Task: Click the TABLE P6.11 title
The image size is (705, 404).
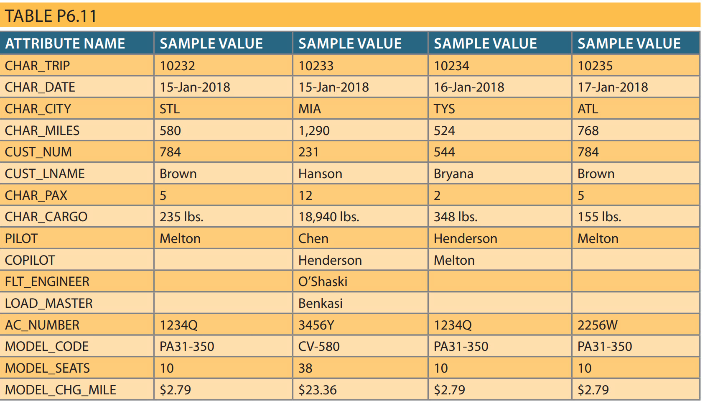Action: coord(51,16)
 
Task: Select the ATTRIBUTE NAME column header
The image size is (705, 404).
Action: coord(65,43)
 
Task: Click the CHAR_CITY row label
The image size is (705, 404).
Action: coord(38,109)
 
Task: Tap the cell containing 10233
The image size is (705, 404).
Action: coord(316,66)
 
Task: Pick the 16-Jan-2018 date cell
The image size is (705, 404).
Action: coord(469,87)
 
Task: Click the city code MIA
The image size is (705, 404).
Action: coord(310,109)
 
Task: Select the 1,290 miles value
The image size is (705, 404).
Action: coord(314,130)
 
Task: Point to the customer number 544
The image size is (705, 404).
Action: coord(444,152)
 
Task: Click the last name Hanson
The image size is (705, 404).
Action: coord(320,174)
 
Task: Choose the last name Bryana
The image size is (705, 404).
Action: coord(453,174)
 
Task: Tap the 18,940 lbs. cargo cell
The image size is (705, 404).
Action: coord(328,217)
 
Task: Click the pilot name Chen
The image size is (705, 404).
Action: coord(313,238)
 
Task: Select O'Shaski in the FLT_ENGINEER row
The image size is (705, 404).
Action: coord(323,281)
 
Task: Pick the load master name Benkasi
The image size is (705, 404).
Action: coord(320,303)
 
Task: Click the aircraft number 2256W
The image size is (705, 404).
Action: coord(597,325)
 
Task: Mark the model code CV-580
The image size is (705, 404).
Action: coord(319,346)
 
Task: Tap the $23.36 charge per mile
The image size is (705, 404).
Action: coord(317,390)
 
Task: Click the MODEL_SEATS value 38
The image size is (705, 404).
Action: coord(305,368)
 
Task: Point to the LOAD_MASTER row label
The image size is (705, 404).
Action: coord(48,303)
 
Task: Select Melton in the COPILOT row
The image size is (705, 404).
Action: coord(454,260)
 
